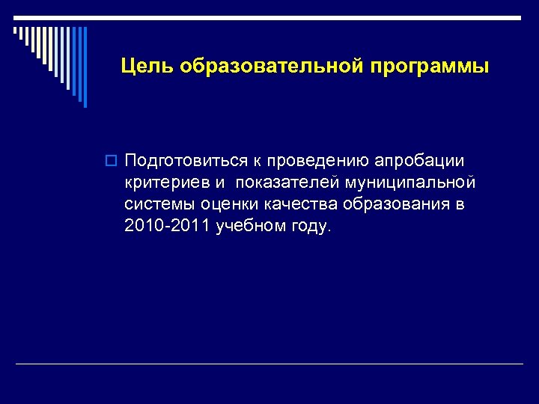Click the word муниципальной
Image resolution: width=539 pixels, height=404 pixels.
[x=409, y=183]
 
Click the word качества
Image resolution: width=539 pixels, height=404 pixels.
[x=291, y=205]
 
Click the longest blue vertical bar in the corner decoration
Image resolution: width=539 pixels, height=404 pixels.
[x=84, y=67]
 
